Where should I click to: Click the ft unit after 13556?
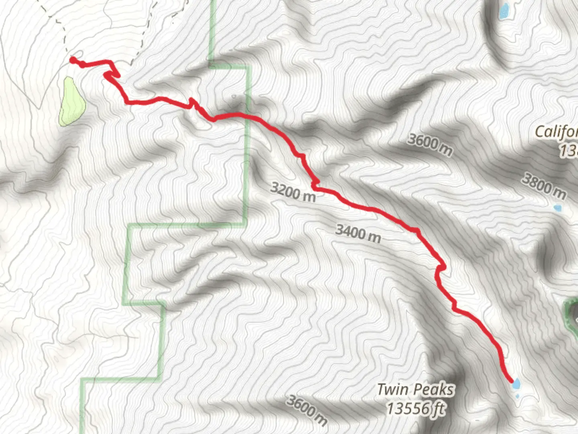coord(439,409)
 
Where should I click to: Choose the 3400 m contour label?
coord(358,233)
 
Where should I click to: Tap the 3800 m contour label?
coord(544,186)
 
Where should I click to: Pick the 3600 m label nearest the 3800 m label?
coord(430,144)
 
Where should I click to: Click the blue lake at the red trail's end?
coord(516,383)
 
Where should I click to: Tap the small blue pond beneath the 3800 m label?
coord(557,208)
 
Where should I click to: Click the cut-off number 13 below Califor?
coord(569,151)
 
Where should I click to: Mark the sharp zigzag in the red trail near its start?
coord(112,74)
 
